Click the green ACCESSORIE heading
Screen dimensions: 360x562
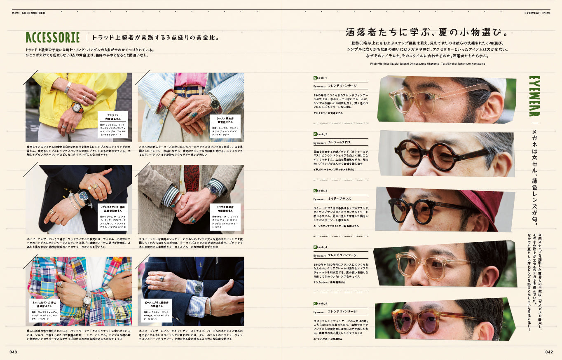[52, 37]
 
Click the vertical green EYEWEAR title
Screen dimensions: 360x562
[534, 96]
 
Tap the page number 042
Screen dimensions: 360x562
[548, 352]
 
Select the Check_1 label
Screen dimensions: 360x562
[320, 77]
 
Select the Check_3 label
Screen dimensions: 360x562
[320, 191]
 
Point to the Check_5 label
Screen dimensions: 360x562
[320, 304]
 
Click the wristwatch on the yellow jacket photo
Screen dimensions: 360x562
[77, 108]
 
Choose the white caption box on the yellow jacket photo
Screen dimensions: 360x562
[113, 124]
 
